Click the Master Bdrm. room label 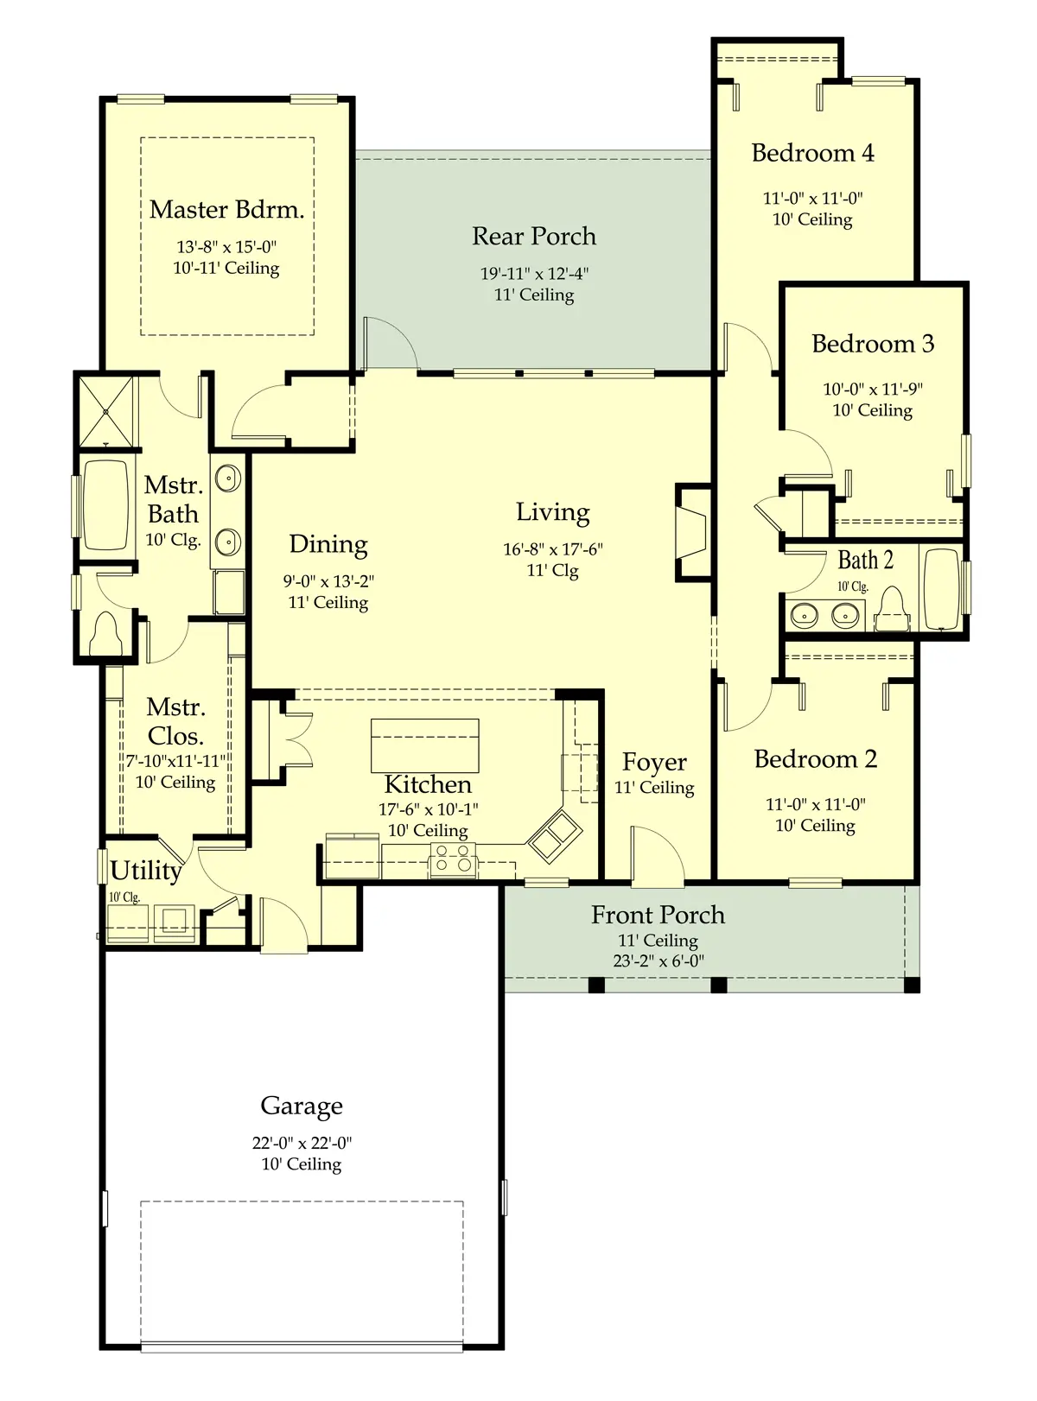pos(227,210)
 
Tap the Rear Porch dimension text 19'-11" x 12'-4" pos(534,274)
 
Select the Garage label pos(302,1106)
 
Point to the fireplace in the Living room pos(692,532)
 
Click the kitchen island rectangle pos(424,745)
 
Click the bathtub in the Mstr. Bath pos(105,504)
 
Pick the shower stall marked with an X pos(106,411)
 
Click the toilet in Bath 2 pos(892,609)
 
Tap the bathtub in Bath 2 pos(941,589)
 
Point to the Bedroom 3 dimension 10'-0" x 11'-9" pos(872,389)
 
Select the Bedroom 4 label pos(812,153)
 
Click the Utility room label pos(146,871)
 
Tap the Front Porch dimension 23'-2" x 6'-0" pos(658,960)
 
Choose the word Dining pos(328,544)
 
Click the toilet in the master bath pos(105,634)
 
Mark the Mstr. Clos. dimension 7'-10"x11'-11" pos(175,761)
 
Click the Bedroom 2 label pos(815,759)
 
